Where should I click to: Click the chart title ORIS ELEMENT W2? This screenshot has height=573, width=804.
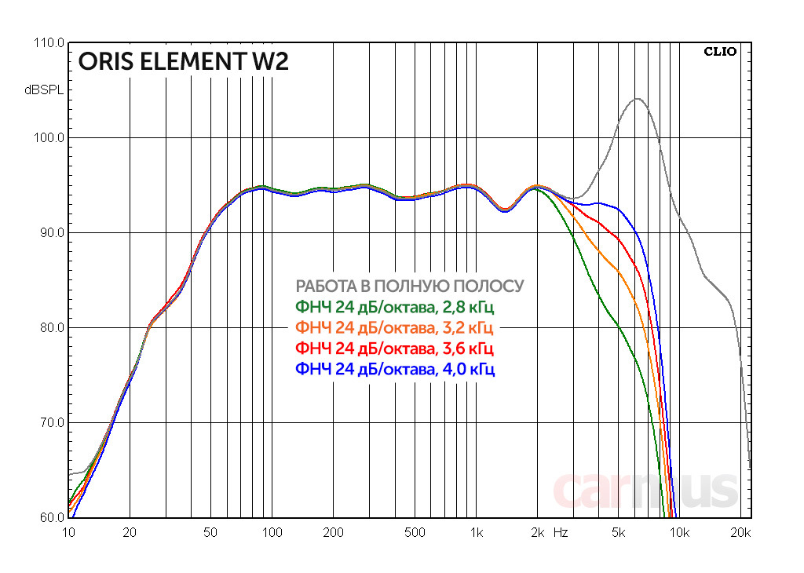pyautogui.click(x=183, y=61)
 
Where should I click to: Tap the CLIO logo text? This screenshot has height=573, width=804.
pyautogui.click(x=719, y=52)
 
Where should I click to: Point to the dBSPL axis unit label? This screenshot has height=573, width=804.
pyautogui.click(x=45, y=90)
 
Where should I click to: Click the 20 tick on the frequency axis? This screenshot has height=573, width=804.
pyautogui.click(x=130, y=533)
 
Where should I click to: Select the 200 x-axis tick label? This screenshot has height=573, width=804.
pyautogui.click(x=333, y=533)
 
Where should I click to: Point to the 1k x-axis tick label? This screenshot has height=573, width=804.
pyautogui.click(x=476, y=533)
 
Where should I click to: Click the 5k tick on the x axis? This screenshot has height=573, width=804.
pyautogui.click(x=618, y=533)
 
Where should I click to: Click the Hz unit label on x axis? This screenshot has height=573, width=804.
pyautogui.click(x=561, y=533)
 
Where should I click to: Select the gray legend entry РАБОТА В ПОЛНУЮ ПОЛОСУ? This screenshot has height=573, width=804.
pyautogui.click(x=409, y=286)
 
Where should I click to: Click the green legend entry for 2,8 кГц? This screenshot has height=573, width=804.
pyautogui.click(x=394, y=306)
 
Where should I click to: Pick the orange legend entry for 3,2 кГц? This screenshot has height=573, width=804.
pyautogui.click(x=394, y=327)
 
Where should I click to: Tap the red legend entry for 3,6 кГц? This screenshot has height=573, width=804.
pyautogui.click(x=394, y=347)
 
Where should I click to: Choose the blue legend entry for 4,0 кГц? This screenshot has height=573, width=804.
pyautogui.click(x=394, y=368)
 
